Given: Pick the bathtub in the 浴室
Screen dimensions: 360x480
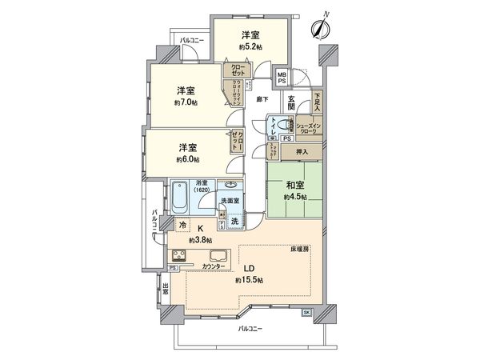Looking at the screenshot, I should point(182,196).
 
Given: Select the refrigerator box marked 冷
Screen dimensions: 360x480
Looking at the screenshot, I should point(183,226).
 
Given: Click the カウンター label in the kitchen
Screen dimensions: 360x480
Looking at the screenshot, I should point(214,265).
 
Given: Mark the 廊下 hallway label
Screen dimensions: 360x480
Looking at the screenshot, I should point(262,100).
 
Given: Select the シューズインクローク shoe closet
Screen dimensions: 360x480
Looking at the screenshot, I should point(309,128).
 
